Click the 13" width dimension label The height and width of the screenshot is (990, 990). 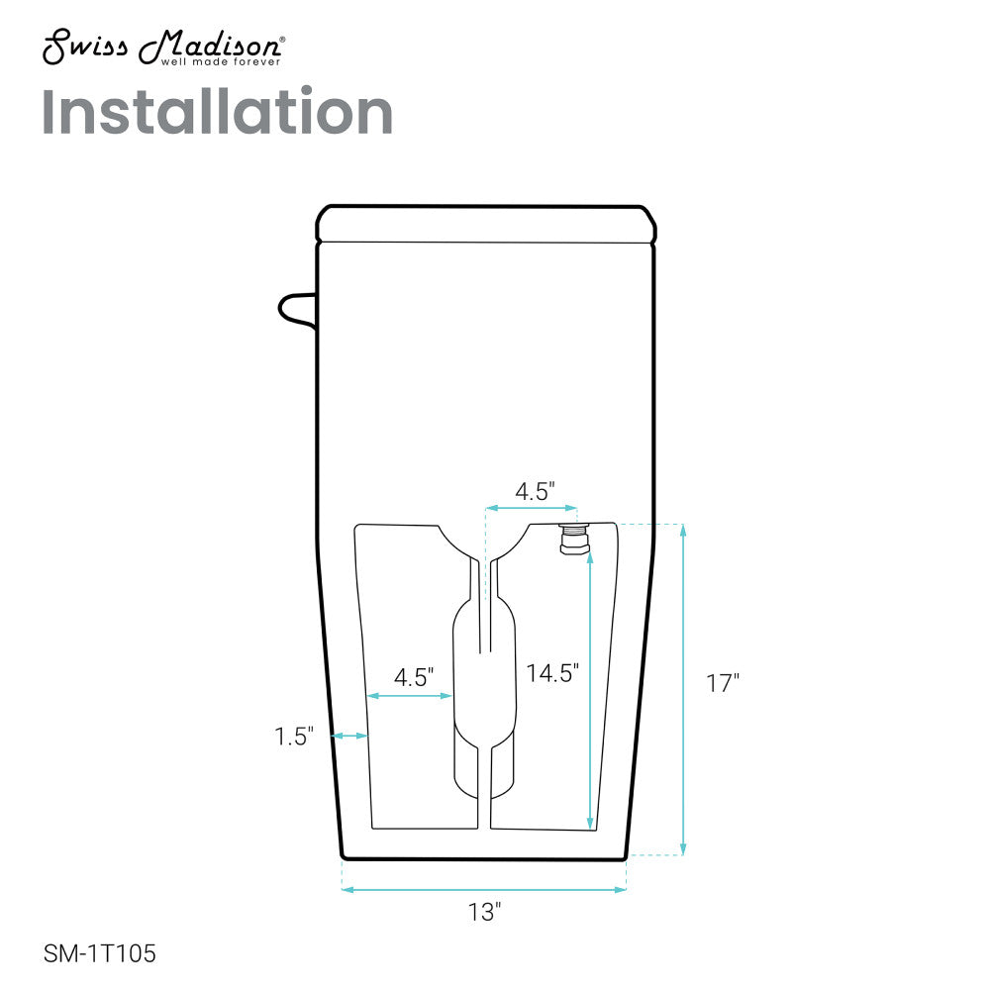pyautogui.click(x=484, y=912)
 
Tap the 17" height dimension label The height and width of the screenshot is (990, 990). pyautogui.click(x=723, y=683)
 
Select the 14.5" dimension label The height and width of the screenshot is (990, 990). pyautogui.click(x=552, y=673)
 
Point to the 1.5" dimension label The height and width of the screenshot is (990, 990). pyautogui.click(x=294, y=737)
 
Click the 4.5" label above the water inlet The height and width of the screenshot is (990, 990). pyautogui.click(x=535, y=491)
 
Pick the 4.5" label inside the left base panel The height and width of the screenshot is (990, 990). pyautogui.click(x=414, y=677)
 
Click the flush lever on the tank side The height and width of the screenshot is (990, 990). pyautogui.click(x=297, y=311)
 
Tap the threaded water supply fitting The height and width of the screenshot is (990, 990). pyautogui.click(x=574, y=539)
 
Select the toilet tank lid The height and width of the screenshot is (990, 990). pyautogui.click(x=485, y=224)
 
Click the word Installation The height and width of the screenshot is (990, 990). pyautogui.click(x=217, y=112)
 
